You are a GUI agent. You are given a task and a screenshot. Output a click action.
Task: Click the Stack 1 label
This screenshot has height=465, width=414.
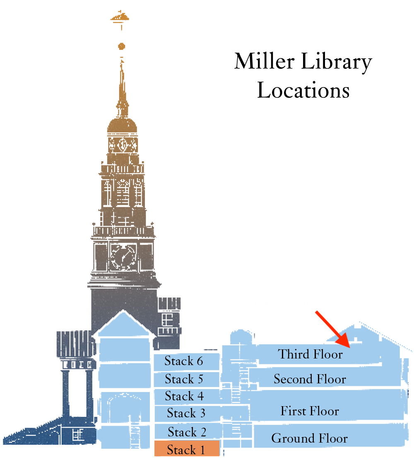click(185, 450)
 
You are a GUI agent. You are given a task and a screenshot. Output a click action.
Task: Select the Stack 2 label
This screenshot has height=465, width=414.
click(187, 432)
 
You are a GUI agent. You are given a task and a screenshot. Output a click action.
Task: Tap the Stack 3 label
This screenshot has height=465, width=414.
click(186, 413)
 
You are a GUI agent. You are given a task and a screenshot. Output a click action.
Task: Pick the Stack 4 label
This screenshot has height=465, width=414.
click(184, 396)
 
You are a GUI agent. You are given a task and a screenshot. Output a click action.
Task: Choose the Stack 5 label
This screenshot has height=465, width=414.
click(184, 379)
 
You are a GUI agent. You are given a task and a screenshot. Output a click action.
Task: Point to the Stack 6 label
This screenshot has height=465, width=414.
click(183, 361)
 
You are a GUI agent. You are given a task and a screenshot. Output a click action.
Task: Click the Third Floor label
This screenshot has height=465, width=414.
click(310, 354)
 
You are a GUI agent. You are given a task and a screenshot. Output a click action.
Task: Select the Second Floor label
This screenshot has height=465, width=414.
click(310, 379)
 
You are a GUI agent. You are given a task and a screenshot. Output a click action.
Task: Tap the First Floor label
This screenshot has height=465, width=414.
click(310, 411)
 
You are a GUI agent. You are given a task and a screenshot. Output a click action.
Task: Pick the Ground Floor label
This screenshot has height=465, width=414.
click(309, 438)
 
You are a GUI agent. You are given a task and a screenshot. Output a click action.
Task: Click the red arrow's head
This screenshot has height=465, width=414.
click(344, 341)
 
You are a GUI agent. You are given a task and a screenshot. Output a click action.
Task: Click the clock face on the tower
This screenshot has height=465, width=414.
click(123, 256)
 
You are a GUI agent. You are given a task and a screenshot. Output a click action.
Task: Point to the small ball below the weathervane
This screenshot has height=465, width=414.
click(121, 46)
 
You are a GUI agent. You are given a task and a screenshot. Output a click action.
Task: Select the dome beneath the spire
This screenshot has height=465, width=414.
click(122, 126)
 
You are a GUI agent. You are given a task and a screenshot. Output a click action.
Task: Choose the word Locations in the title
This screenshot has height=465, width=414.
click(303, 90)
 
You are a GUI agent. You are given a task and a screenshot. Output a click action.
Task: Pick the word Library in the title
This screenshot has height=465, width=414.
click(337, 62)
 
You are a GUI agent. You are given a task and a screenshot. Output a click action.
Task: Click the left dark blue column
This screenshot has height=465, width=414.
click(66, 393)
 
